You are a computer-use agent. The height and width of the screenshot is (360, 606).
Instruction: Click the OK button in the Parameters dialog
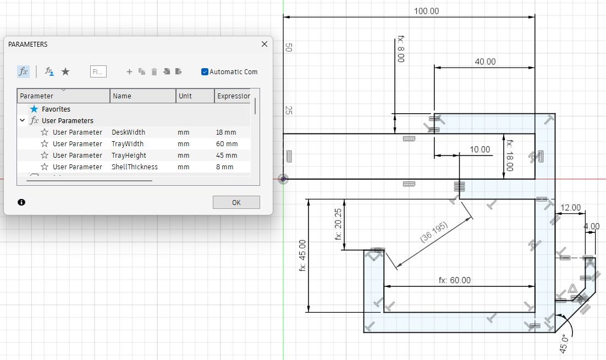click(236, 202)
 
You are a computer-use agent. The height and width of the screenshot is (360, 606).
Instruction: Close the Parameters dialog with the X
click(265, 44)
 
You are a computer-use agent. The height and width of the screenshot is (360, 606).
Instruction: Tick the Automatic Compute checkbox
click(205, 72)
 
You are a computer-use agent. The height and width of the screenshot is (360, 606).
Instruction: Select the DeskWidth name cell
click(128, 132)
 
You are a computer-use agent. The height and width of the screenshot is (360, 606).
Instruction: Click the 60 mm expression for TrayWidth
click(227, 143)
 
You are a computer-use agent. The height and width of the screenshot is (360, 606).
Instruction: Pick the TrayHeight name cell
click(129, 156)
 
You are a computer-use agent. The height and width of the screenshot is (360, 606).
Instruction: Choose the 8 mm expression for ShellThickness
click(224, 167)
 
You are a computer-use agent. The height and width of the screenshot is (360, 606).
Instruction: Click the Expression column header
click(233, 96)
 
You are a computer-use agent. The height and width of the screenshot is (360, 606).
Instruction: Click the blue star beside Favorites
click(35, 109)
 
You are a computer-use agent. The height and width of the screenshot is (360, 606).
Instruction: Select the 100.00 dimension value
click(426, 11)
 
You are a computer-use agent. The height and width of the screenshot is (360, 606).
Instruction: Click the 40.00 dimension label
click(485, 62)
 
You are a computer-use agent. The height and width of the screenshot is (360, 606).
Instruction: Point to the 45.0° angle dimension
click(564, 344)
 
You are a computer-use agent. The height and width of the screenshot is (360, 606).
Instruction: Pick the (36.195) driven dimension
click(434, 232)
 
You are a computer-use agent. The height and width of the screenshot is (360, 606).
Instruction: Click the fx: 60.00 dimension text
click(454, 280)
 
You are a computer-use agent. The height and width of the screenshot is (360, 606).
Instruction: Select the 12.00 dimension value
click(570, 208)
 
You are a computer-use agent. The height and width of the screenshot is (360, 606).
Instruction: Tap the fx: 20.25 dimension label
click(338, 224)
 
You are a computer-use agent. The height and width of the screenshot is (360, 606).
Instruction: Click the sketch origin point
click(283, 179)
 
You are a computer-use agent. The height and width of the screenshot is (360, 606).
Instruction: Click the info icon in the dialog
click(21, 202)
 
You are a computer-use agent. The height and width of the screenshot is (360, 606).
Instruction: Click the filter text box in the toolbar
click(98, 71)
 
